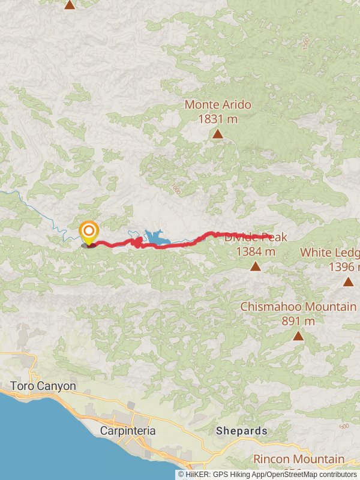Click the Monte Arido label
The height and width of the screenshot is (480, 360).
[217, 104]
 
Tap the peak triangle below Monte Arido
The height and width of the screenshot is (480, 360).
[217, 134]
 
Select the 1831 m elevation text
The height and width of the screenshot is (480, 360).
[217, 119]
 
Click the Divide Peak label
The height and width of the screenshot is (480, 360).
[256, 238]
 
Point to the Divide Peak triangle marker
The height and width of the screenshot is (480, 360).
[256, 266]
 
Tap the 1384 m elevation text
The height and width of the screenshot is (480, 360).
[256, 251]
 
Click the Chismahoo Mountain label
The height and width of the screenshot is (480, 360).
[298, 307]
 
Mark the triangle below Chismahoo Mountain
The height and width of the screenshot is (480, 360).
[298, 335]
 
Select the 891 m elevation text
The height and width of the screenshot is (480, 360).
[298, 321]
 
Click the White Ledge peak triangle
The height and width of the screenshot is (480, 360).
[349, 281]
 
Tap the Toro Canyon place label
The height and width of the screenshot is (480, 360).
[43, 386]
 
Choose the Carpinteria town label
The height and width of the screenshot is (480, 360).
[128, 431]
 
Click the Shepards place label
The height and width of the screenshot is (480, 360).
[241, 431]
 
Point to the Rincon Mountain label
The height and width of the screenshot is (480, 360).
[298, 460]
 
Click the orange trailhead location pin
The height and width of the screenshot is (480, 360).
[89, 232]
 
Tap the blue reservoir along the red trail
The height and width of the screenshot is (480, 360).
[157, 238]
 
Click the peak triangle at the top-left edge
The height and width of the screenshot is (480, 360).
[70, 5]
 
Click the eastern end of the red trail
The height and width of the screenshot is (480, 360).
[273, 236]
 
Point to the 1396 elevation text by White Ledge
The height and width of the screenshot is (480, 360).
[344, 266]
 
